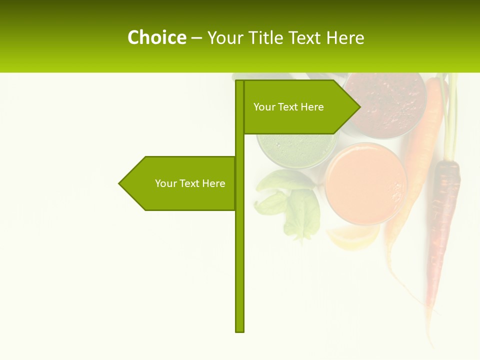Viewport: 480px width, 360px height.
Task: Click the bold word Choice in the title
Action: (156, 37)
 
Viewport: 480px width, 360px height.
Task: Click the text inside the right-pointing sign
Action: (288, 107)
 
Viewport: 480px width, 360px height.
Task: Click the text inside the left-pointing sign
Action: (190, 183)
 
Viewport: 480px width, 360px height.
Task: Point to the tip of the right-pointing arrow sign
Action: (359, 106)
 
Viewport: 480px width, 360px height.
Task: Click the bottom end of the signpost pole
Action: (240, 330)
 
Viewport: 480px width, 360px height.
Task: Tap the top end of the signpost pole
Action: (240, 81)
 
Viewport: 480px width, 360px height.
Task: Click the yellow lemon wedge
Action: (352, 236)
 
